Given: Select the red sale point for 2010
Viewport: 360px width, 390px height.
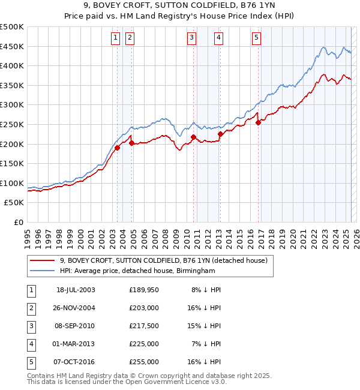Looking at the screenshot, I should pos(193,137).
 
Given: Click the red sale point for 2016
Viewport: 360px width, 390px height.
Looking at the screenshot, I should pos(258,122).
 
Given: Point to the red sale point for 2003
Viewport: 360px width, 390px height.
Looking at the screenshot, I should pos(118,148).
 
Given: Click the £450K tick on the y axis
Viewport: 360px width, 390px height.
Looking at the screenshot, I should pos(12,46).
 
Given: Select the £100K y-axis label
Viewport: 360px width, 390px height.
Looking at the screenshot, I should pos(12,183).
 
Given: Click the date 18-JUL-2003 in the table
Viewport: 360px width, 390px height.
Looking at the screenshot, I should pos(76,290).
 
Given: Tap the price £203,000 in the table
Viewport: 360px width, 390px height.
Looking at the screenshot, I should pos(143,308).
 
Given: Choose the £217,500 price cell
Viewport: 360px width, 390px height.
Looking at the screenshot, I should pos(143,326).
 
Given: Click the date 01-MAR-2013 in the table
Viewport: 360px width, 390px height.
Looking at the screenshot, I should pos(76,344).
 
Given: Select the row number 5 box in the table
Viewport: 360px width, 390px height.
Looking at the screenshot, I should pos(30,362).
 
